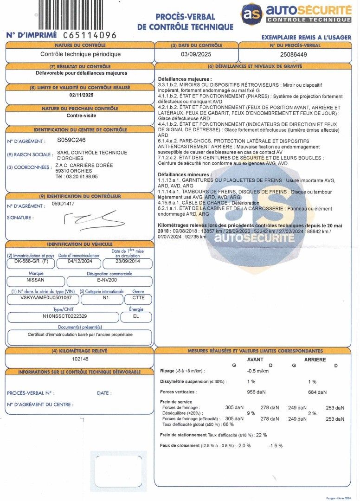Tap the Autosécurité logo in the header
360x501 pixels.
point(296,13)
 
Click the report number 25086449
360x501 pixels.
point(294,54)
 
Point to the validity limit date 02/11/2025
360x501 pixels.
point(81,95)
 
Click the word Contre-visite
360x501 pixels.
point(81,116)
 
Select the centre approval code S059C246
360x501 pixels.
point(71,140)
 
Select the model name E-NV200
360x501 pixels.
point(109,281)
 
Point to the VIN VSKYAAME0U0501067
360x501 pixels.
point(43,299)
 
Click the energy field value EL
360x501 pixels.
point(136,317)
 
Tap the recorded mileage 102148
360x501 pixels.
point(80,359)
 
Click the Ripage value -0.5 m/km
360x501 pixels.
point(258,371)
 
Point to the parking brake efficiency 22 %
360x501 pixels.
point(262,435)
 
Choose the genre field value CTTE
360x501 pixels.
point(138,299)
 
